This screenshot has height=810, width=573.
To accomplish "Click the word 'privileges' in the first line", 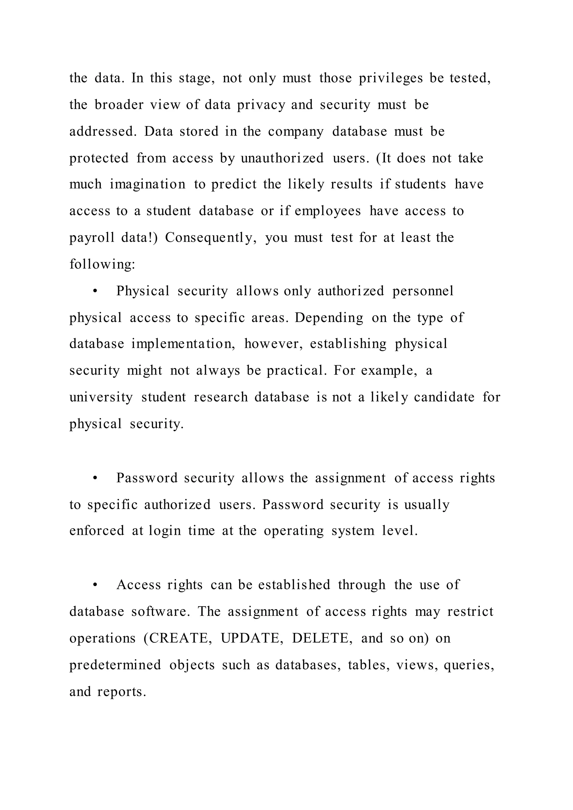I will tap(391, 78).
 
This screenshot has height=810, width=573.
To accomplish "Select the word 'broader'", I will tap(119, 105).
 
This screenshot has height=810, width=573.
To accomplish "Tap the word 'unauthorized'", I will tap(282, 158).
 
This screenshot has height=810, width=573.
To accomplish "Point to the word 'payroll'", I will tap(92, 238).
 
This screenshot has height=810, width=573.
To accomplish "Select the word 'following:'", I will tap(102, 264).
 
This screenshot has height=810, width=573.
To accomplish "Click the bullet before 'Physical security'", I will tap(95, 291).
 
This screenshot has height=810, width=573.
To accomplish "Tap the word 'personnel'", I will tap(423, 291).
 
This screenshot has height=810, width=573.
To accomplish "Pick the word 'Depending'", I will tap(329, 318).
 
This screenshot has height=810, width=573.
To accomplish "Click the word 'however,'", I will tap(273, 344).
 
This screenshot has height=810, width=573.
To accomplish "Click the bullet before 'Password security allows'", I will tap(95, 478).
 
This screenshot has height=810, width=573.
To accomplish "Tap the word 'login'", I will tap(165, 531).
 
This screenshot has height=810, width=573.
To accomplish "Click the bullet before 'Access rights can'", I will tap(95, 585).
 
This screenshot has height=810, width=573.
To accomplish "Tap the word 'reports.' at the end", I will tap(121, 692).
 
